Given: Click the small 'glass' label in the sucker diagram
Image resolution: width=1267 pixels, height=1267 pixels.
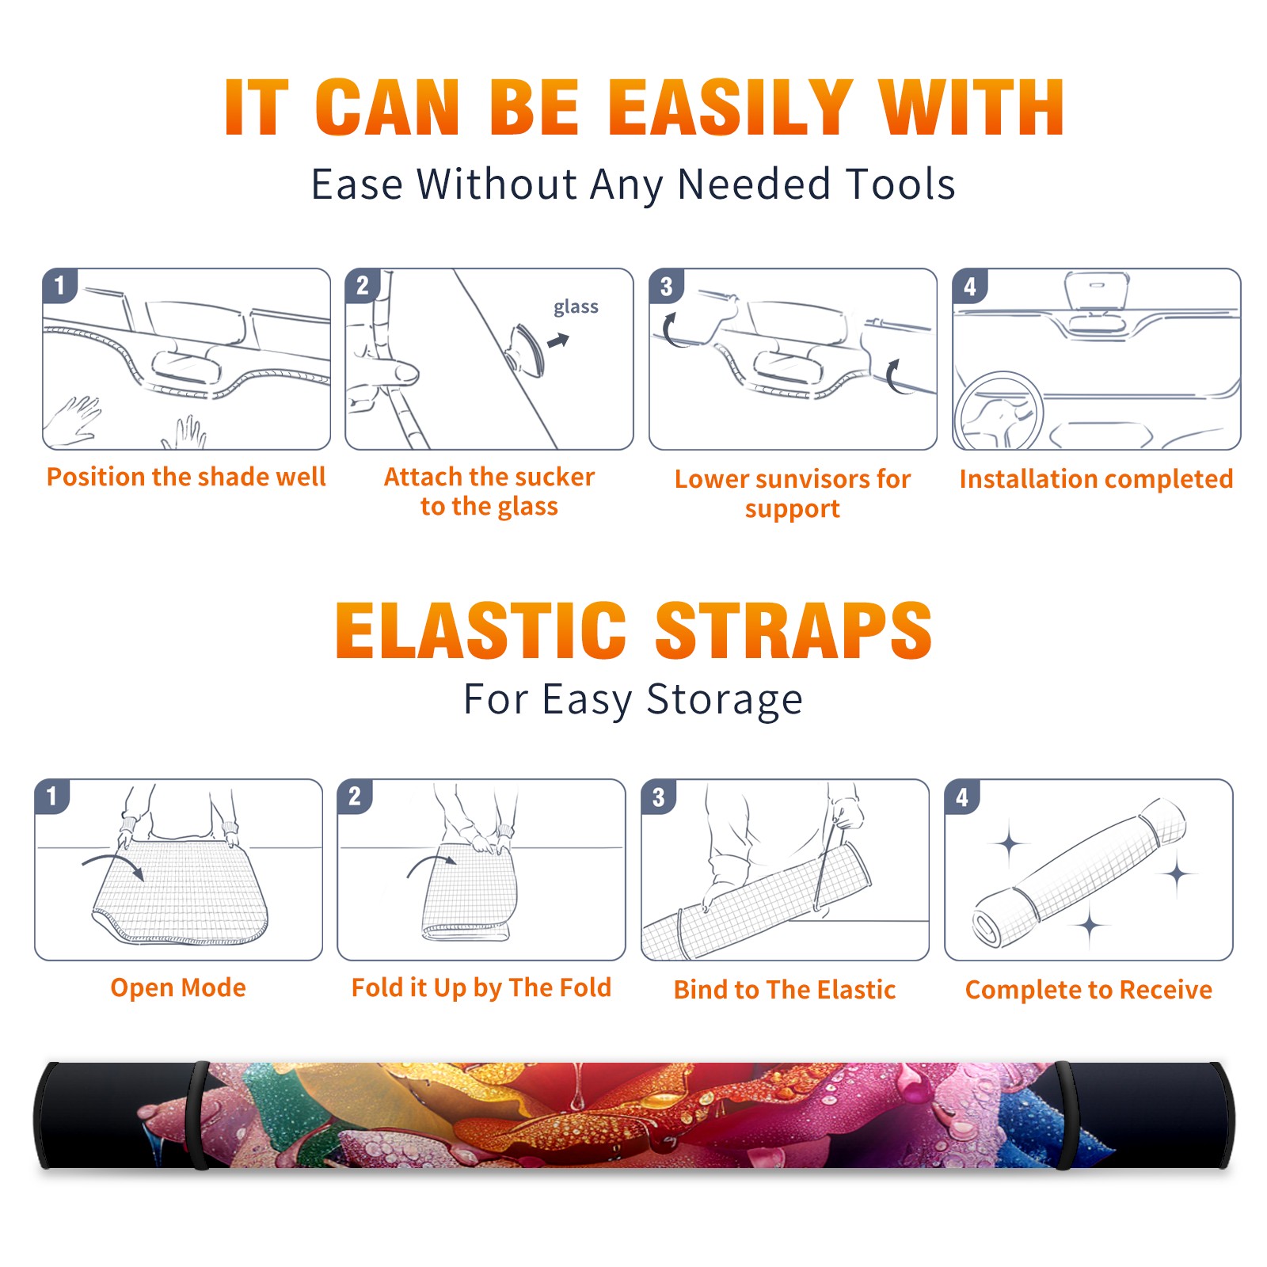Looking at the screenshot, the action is pyautogui.click(x=576, y=307).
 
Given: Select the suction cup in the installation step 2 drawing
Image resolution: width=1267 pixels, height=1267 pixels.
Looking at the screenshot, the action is pyautogui.click(x=527, y=349).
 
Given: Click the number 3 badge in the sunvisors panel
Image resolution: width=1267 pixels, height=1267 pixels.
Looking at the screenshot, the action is pyautogui.click(x=666, y=287).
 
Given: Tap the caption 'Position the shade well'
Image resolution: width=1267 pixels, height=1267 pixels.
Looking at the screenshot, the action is pyautogui.click(x=186, y=477).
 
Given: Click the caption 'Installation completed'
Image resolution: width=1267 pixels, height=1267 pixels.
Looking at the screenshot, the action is pyautogui.click(x=1096, y=479).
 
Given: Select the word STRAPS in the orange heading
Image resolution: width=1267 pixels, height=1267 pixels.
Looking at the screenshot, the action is pyautogui.click(x=793, y=630).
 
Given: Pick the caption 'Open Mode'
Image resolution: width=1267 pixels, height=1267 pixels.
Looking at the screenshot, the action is pyautogui.click(x=178, y=987).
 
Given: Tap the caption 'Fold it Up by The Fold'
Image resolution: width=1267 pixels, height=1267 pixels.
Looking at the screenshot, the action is pyautogui.click(x=481, y=987).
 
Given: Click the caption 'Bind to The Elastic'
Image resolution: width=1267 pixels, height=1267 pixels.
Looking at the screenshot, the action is pyautogui.click(x=785, y=990).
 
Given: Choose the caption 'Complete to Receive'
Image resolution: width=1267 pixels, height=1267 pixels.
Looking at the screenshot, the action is pyautogui.click(x=1089, y=990).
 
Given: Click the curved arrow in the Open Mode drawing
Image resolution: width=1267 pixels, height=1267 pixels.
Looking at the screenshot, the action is pyautogui.click(x=112, y=860).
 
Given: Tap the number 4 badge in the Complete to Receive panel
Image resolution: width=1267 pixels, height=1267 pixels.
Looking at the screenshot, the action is pyautogui.click(x=962, y=797).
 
